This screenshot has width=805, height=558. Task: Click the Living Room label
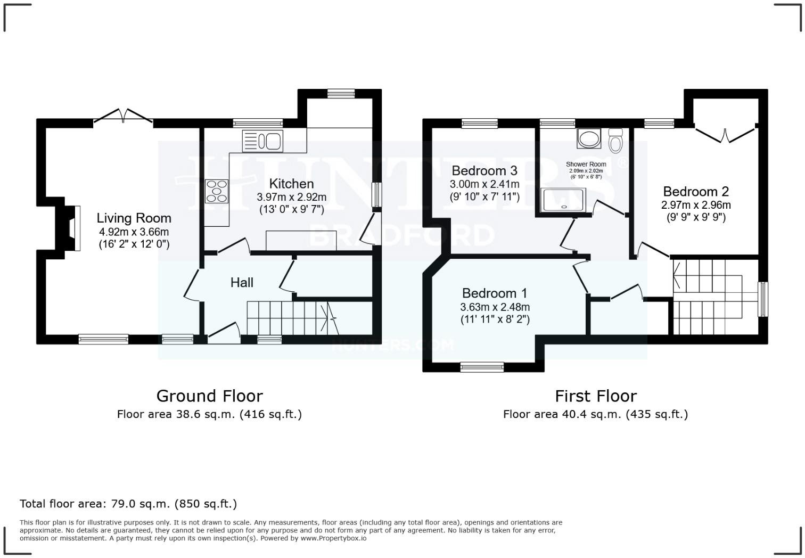tap(134, 218)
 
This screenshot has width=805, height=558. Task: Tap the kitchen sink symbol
tap(263, 141)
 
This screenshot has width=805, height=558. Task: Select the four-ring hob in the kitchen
tap(217, 191)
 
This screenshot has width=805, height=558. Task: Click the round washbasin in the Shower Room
tap(588, 139)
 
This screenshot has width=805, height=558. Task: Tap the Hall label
tap(242, 283)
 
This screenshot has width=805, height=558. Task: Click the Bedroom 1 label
tap(495, 293)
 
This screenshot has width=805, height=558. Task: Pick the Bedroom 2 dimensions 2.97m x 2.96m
tap(696, 205)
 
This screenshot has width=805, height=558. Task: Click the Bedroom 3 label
tap(484, 170)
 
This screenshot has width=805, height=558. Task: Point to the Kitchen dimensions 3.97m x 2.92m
tap(291, 197)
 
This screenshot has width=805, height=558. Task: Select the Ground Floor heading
tap(209, 396)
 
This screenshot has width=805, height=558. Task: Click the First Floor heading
tap(595, 396)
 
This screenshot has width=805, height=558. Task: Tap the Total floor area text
tap(128, 504)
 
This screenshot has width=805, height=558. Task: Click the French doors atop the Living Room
tap(124, 117)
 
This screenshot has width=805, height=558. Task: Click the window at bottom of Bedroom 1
tap(482, 366)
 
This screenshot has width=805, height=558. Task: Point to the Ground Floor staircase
tap(287, 318)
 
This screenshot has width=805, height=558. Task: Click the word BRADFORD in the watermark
tap(402, 235)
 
